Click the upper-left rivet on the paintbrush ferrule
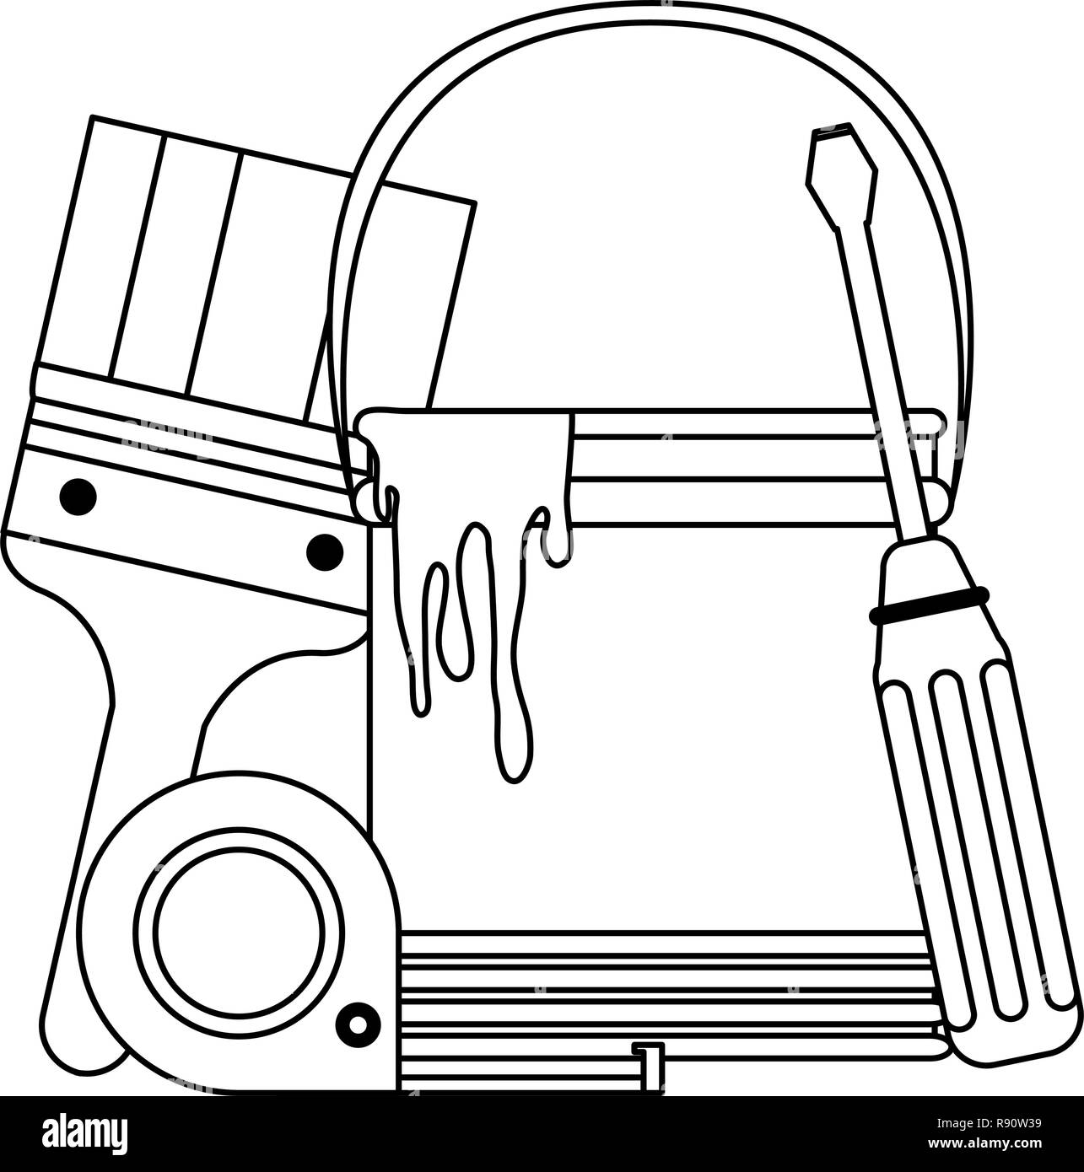point(78,497)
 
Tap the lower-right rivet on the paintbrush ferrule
point(324,551)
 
